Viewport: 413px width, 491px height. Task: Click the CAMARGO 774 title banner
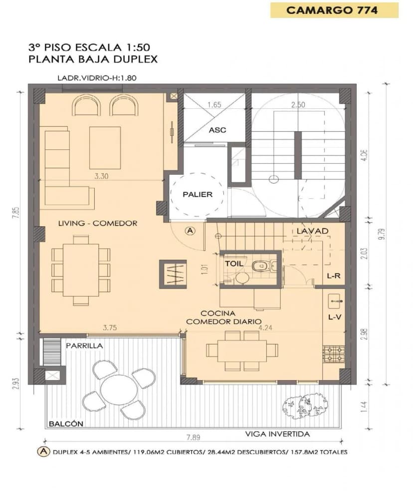pos(334,10)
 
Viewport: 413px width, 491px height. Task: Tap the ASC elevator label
pos(217,130)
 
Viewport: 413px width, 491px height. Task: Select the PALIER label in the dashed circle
pos(198,194)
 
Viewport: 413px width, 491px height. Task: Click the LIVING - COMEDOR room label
pos(98,223)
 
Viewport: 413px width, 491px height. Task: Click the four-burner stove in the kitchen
pos(334,354)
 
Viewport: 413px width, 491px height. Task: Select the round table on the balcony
pos(119,390)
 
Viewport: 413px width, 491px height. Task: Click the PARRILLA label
pos(84,346)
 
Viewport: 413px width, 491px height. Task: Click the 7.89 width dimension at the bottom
pos(193,437)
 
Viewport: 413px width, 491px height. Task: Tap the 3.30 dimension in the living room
pos(101,176)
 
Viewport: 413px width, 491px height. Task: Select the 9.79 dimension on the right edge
pos(382,234)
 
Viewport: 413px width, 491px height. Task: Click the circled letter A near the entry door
pos(190,231)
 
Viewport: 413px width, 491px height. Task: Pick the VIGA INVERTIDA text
pos(277,434)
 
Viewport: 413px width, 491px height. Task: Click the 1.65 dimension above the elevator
pos(214,105)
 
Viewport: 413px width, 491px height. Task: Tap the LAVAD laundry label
pos(312,231)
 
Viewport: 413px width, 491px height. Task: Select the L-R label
pos(334,276)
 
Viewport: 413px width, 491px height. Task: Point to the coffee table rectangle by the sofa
pos(105,148)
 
